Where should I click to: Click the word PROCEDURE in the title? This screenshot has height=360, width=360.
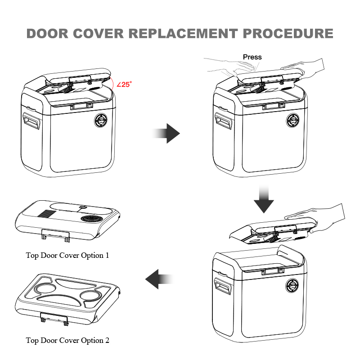[288, 34]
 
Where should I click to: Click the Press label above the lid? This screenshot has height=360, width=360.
[252, 57]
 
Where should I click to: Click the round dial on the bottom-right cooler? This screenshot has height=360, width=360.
[293, 285]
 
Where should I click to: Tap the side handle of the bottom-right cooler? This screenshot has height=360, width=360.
[223, 285]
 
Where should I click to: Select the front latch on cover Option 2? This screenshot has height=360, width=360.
[54, 318]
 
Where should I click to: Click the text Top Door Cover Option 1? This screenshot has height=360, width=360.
[67, 256]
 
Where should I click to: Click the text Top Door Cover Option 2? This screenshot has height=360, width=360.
[67, 341]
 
